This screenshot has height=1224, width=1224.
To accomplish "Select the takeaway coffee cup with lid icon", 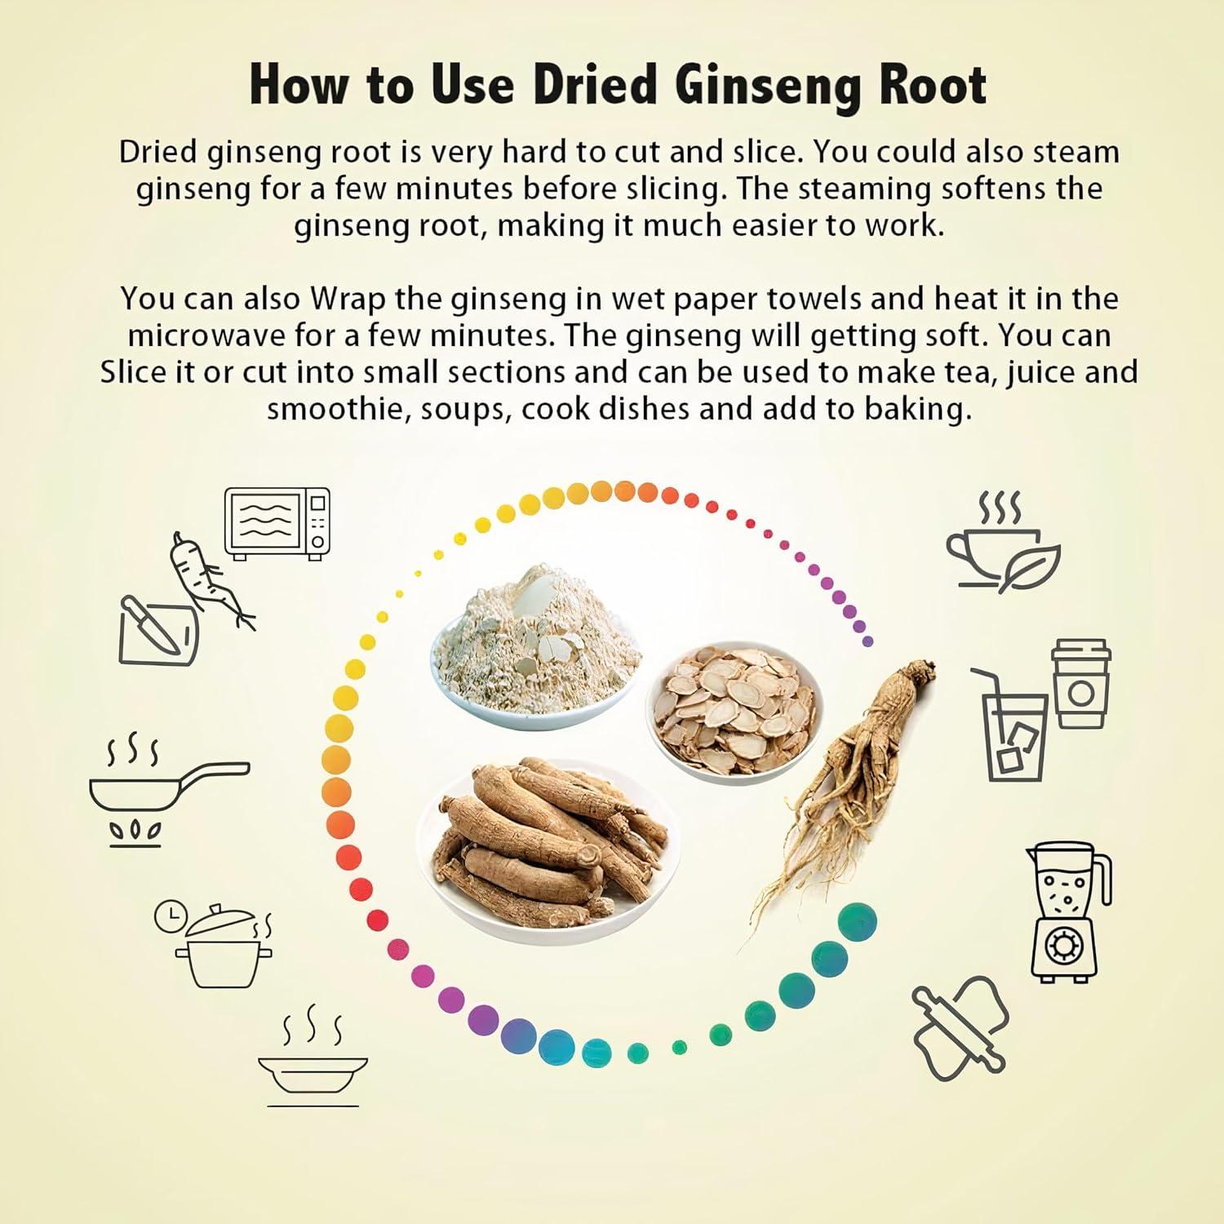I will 1080,683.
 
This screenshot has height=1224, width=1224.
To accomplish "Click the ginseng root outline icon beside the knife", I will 210,579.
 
